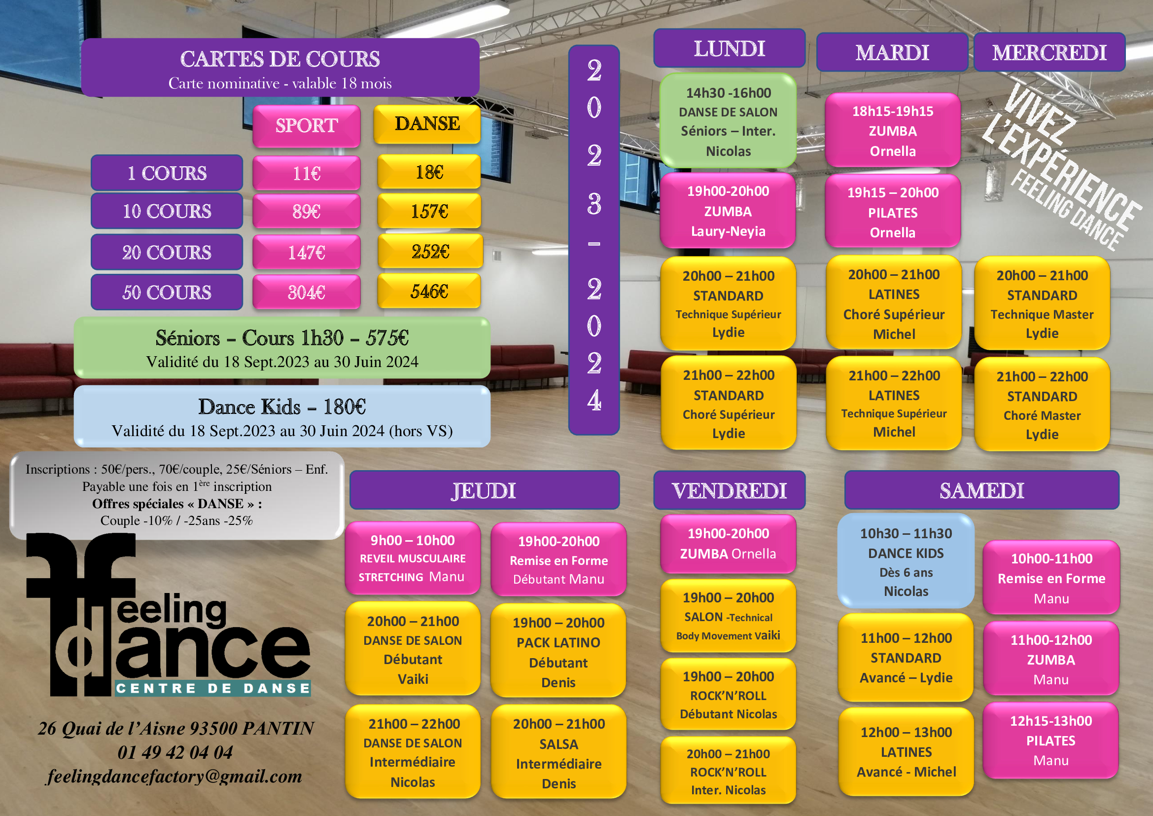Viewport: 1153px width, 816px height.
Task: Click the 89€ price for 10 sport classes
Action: (x=306, y=212)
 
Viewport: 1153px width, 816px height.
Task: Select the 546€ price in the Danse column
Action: (x=429, y=291)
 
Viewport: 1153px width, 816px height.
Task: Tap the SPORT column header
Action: (x=306, y=126)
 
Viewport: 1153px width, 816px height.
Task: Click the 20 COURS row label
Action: (x=167, y=252)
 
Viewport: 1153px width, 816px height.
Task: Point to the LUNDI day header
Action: (x=729, y=49)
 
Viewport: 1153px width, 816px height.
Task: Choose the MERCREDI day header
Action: (x=1049, y=52)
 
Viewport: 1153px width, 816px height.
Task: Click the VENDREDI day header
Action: (x=729, y=490)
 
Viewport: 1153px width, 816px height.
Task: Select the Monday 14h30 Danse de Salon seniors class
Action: (x=728, y=121)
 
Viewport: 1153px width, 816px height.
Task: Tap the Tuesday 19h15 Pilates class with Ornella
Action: (x=893, y=212)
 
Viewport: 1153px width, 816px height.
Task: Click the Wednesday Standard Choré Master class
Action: (x=1042, y=405)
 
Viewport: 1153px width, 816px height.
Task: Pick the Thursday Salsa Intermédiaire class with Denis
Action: (x=559, y=752)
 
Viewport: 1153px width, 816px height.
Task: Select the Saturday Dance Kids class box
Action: (x=906, y=561)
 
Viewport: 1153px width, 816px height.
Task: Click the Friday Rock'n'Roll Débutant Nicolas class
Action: (x=728, y=695)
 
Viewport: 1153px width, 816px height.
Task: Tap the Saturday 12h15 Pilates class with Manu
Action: (x=1051, y=741)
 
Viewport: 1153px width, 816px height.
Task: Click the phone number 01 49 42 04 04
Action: (x=175, y=752)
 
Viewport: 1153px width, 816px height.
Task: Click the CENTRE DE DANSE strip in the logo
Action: (x=213, y=688)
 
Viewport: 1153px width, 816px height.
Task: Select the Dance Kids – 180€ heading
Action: (x=282, y=407)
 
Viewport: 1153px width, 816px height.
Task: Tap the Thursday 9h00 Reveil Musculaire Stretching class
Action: (x=412, y=558)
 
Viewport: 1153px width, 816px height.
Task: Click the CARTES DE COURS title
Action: (x=280, y=59)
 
